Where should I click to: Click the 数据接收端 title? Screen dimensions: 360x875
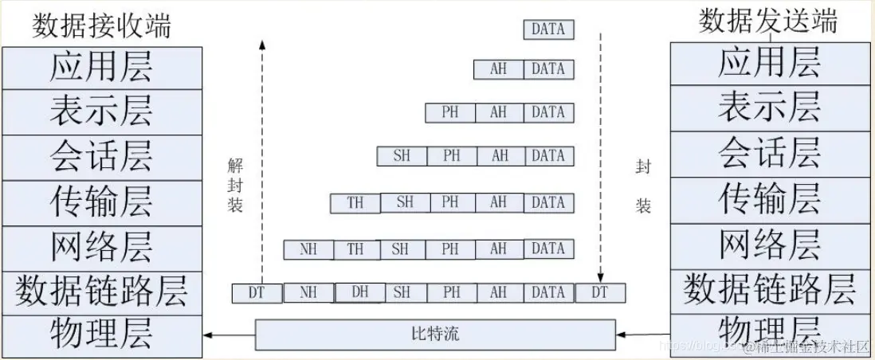(101, 25)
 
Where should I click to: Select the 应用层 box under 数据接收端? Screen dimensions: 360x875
(101, 68)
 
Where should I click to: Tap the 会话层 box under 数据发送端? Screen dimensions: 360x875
(769, 155)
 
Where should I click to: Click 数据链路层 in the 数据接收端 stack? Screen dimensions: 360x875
(101, 292)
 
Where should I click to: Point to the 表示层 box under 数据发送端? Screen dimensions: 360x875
(769, 108)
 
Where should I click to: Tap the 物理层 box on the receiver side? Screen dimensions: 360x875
(101, 334)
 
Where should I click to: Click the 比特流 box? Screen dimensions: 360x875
(435, 334)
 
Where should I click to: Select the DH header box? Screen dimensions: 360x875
(359, 292)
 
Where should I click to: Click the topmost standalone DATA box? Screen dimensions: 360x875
(548, 29)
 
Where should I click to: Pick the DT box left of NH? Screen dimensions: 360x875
(257, 293)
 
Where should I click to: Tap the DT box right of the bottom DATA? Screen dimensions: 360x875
(599, 293)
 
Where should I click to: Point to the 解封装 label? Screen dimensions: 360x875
(234, 186)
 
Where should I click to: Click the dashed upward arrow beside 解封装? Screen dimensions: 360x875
(261, 159)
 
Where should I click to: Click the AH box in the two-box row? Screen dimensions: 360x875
(499, 69)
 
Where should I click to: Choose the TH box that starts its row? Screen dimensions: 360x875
(355, 203)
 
